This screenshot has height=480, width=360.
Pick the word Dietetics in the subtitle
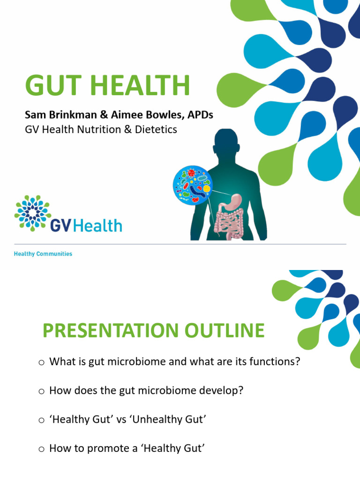coord(156,129)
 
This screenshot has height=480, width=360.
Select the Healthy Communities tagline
coord(43,254)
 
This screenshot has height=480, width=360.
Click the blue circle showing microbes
coord(192,184)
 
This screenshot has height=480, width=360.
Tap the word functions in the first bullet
coord(276,362)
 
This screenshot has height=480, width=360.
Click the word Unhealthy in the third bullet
coord(159,420)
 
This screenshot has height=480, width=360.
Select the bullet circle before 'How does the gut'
coord(41,391)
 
